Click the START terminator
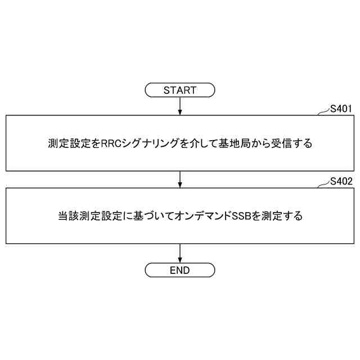[x=179, y=90]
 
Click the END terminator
[x=179, y=270]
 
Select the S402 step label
[x=341, y=181]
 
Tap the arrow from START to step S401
[x=179, y=106]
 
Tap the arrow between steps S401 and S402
[x=179, y=179]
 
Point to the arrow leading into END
[x=179, y=253]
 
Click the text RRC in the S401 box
[x=111, y=143]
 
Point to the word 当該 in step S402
[x=67, y=215]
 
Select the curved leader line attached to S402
[x=323, y=184]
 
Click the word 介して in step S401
[x=200, y=143]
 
